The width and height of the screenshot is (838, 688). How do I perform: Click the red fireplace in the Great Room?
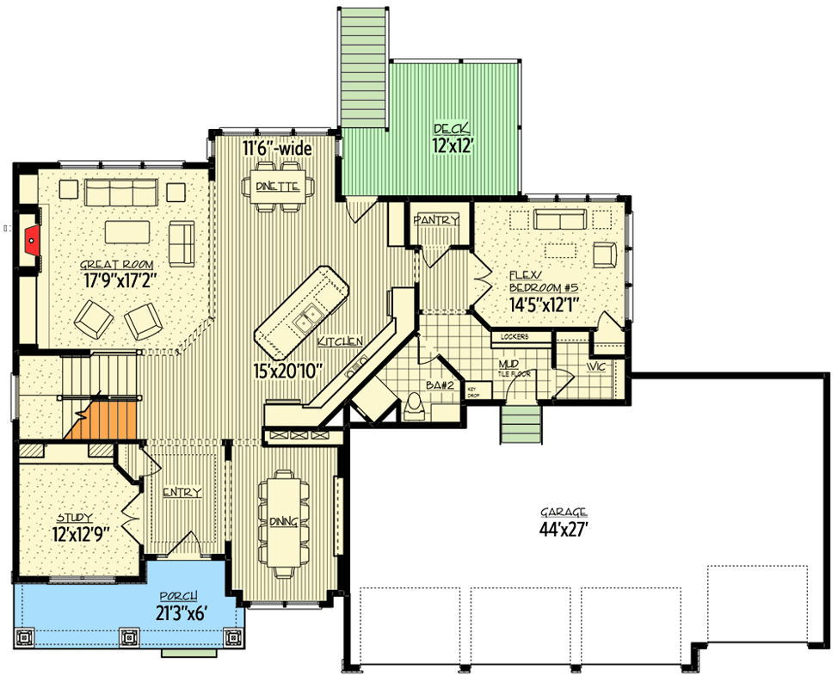[x=32, y=241]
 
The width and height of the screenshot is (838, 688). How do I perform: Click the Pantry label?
[x=436, y=221]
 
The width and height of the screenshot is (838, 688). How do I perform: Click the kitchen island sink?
[x=305, y=321]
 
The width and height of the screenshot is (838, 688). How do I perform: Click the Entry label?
[x=182, y=492]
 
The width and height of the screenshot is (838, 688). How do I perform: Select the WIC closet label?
[x=596, y=367]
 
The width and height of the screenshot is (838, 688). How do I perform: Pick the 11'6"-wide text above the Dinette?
[x=276, y=149]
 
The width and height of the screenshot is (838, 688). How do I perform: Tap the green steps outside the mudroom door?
[x=521, y=424]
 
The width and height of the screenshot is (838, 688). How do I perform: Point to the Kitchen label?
[x=340, y=341]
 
